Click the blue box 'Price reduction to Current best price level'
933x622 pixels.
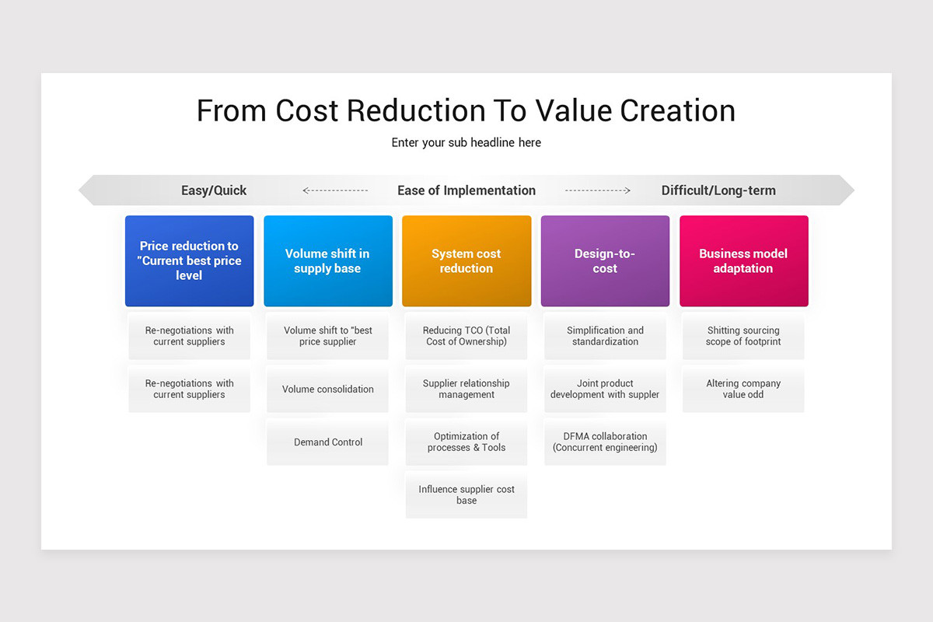pos(189,260)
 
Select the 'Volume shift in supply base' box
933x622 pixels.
pos(327,260)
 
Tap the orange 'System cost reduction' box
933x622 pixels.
pos(466,260)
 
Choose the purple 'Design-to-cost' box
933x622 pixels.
pos(605,260)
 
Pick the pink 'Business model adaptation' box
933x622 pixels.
pos(743,260)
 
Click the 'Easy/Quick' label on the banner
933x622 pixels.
pos(214,190)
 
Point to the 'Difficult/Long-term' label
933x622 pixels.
pos(718,190)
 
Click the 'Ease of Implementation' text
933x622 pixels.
pos(466,190)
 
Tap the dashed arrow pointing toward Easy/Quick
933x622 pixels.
pos(335,190)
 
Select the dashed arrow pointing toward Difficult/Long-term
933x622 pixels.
pos(597,190)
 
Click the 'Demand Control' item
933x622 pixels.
pos(328,442)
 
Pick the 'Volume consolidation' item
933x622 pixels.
pos(328,390)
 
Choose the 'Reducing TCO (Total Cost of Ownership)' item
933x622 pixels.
pos(466,336)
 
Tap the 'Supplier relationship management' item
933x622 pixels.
pos(466,389)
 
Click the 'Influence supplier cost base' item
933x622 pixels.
pos(466,494)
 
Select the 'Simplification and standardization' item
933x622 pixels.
pos(605,336)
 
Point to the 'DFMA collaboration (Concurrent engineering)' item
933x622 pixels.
pos(605,442)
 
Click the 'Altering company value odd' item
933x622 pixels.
pos(743,389)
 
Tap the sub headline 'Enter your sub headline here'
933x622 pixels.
pos(466,143)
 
